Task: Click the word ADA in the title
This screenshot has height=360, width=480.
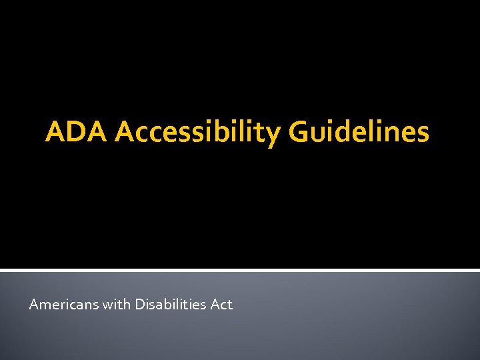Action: (77, 132)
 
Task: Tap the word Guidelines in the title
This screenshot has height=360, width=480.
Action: (359, 132)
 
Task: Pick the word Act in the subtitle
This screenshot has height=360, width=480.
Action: (221, 305)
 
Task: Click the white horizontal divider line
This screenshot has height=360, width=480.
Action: (240, 270)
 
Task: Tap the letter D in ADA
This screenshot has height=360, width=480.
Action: (77, 132)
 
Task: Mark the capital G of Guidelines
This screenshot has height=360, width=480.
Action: (299, 132)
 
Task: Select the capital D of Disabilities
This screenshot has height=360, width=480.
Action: (140, 305)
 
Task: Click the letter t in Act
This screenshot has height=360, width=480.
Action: (229, 305)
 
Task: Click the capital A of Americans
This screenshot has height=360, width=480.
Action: (34, 305)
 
